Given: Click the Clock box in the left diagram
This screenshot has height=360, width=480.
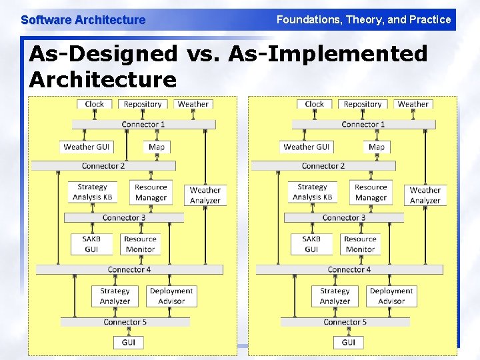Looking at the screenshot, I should point(94,104).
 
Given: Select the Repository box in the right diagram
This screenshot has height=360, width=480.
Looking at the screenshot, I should point(363,104).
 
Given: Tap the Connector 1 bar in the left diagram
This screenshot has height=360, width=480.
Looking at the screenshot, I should point(143,125).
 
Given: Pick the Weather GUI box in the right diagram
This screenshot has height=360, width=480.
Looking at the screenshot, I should point(307,147).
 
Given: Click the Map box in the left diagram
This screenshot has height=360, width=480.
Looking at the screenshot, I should point(157,147).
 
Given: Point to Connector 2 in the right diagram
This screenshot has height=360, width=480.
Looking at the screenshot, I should point(323,166).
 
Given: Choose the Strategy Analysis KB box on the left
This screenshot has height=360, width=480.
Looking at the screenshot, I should point(92,192).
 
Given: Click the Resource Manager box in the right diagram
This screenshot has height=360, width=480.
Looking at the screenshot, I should point(371,192).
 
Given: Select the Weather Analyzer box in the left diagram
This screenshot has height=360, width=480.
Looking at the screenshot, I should point(205,195).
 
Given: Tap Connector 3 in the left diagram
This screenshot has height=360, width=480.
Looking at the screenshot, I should point(124,218).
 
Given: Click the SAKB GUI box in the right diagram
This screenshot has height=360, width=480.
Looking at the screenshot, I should point(311,244).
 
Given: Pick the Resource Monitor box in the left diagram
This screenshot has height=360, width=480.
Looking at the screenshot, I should point(140,244).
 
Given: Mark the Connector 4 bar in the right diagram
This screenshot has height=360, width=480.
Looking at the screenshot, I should point(349,270).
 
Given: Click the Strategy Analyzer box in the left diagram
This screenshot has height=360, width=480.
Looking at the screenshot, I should point(115,296).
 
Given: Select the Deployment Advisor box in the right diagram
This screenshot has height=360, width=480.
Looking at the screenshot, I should point(391,296).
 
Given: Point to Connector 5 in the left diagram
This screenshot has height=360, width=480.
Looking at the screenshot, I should point(125,322).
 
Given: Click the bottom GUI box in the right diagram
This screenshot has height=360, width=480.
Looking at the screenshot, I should point(348,343).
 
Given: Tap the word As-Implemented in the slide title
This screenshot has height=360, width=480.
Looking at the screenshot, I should point(327,53).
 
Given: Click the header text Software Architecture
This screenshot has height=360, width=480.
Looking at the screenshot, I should point(83,20).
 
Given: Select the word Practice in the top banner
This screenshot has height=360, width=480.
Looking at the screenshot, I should point(429,20).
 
